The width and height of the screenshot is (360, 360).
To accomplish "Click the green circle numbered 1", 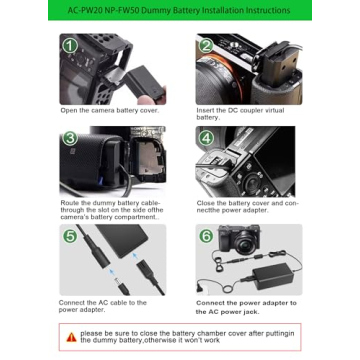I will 70,46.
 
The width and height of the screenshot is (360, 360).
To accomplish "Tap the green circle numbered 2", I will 205,46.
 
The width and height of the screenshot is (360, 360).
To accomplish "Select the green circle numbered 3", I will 70,138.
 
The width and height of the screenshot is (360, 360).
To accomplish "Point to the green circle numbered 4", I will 205,138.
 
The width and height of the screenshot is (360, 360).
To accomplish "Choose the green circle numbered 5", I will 70,236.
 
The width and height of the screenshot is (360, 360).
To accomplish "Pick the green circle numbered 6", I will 205,236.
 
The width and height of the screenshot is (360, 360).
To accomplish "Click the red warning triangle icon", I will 71,337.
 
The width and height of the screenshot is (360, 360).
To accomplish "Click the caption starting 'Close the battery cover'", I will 245,205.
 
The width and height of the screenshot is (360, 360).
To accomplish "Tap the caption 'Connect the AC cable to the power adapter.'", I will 103,305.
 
